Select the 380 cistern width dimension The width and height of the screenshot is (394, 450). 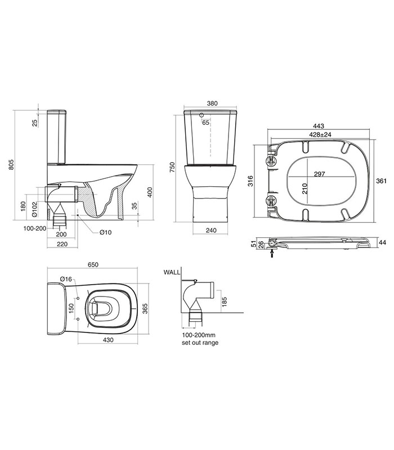coord(212,103)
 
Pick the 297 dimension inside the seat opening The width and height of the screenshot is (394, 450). coord(320,174)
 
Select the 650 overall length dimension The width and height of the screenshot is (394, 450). coord(93,264)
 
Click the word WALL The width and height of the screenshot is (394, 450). coord(171,272)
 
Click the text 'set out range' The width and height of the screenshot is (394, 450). coord(199,343)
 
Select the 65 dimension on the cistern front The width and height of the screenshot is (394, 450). coord(205,123)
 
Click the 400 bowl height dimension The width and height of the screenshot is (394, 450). coord(149,193)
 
